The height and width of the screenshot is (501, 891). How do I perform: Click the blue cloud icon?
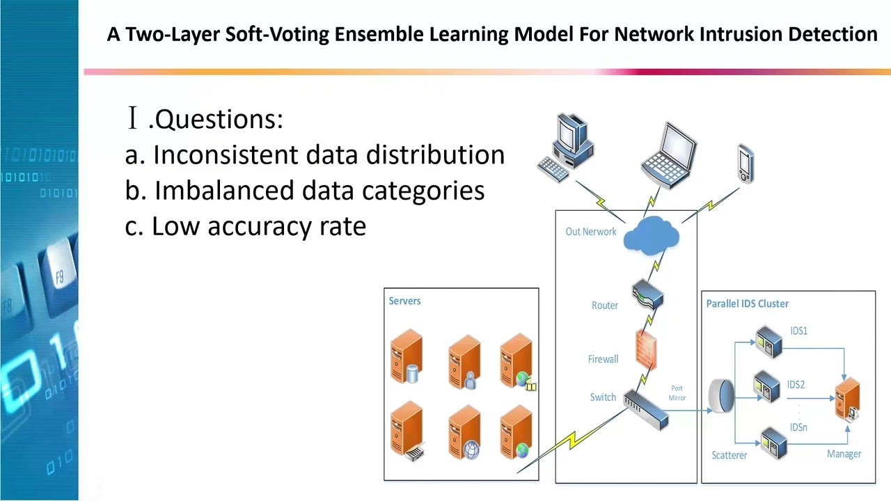pyautogui.click(x=652, y=234)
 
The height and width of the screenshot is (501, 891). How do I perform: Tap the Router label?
pyautogui.click(x=605, y=305)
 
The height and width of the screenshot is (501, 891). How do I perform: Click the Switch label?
pyautogui.click(x=603, y=397)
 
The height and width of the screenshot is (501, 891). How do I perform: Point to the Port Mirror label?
pyautogui.click(x=677, y=393)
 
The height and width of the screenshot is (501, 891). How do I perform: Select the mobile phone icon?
pyautogui.click(x=746, y=164)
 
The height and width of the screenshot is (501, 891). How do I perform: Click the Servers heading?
pyautogui.click(x=404, y=301)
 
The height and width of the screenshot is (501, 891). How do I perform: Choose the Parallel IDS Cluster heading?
pyautogui.click(x=747, y=304)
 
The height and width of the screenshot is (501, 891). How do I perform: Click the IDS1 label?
pyautogui.click(x=798, y=331)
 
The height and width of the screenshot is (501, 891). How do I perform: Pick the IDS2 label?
pyautogui.click(x=796, y=385)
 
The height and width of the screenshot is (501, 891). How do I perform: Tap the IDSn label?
pyautogui.click(x=798, y=427)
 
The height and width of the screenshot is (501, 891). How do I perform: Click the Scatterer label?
pyautogui.click(x=729, y=455)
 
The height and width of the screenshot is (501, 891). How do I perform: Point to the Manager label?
pyautogui.click(x=844, y=454)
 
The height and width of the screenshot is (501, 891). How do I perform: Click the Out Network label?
pyautogui.click(x=591, y=232)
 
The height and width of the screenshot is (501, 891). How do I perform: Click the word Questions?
pyautogui.click(x=216, y=119)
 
